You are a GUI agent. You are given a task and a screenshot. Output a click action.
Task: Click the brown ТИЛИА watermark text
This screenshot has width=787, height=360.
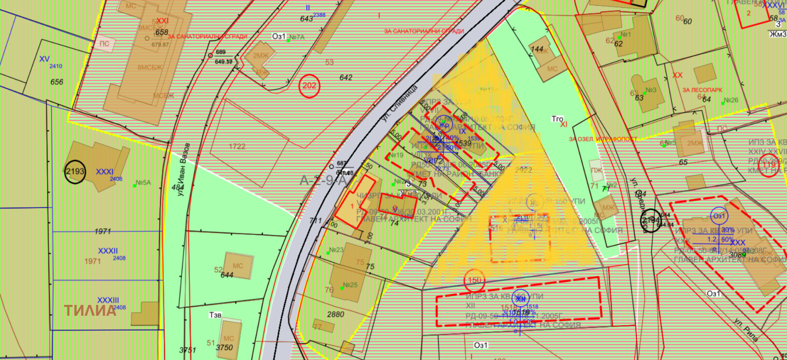(x=91, y=310)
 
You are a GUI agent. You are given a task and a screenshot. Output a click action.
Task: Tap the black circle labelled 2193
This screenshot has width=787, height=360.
(x=75, y=172)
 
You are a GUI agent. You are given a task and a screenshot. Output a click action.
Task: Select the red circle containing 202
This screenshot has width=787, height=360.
(x=309, y=86)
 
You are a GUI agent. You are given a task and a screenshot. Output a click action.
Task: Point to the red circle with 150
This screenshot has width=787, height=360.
(x=475, y=280)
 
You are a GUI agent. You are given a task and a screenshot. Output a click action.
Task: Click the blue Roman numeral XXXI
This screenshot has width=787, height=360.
(x=105, y=172)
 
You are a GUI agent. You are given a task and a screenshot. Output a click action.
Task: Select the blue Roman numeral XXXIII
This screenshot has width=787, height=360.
(x=108, y=300)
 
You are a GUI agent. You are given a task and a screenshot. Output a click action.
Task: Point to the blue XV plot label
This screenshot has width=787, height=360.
(x=44, y=59)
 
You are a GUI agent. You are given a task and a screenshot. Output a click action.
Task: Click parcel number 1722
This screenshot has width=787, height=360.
(x=237, y=147)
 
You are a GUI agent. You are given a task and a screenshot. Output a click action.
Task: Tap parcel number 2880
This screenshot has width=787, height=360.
(x=335, y=314)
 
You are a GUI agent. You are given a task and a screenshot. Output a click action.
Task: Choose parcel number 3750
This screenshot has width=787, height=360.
(x=224, y=347)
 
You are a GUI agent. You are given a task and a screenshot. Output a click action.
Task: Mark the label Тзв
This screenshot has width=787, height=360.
(x=215, y=315)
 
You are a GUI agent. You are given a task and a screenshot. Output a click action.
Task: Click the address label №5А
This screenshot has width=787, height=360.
(x=144, y=182)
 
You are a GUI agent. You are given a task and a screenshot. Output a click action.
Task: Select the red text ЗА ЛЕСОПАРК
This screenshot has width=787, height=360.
(x=702, y=90)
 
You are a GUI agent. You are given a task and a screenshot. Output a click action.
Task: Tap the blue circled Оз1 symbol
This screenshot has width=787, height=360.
(x=719, y=216)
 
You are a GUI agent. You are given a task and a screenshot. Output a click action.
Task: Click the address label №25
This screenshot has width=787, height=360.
(x=350, y=285)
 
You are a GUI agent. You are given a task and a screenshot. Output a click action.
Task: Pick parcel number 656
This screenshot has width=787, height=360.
(x=57, y=82)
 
